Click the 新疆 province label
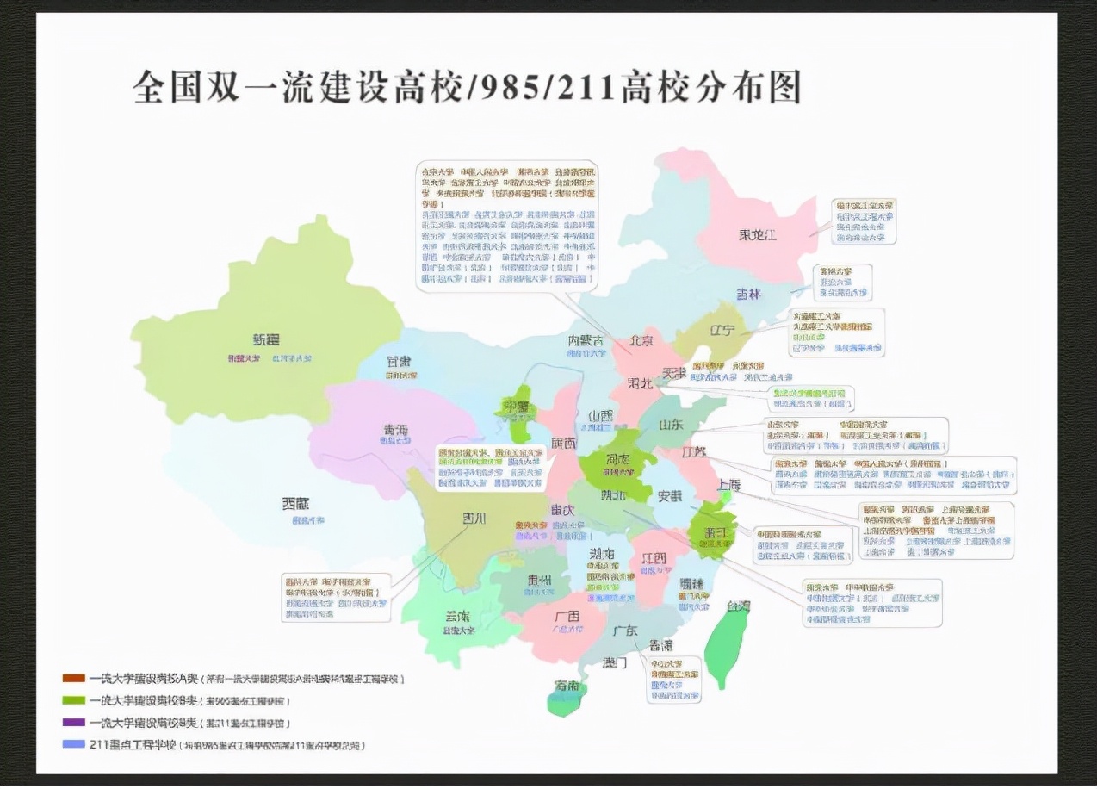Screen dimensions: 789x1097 point(266,339)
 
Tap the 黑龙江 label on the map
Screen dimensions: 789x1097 point(757,234)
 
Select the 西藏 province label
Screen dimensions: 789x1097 point(295,503)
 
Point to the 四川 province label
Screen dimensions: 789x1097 point(474,518)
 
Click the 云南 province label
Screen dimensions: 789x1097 point(458,617)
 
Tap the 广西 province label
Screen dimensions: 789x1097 point(567,616)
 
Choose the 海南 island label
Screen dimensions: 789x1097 point(567,686)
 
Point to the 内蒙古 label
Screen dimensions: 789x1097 point(586,340)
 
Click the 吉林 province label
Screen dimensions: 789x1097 point(748,294)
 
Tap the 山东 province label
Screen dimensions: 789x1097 point(671,425)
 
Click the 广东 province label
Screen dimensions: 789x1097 point(625,631)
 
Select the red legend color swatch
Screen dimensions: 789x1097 point(73,679)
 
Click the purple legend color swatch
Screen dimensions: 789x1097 point(73,722)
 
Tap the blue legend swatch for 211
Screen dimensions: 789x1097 point(73,744)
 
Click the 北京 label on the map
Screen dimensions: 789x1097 point(641,341)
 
